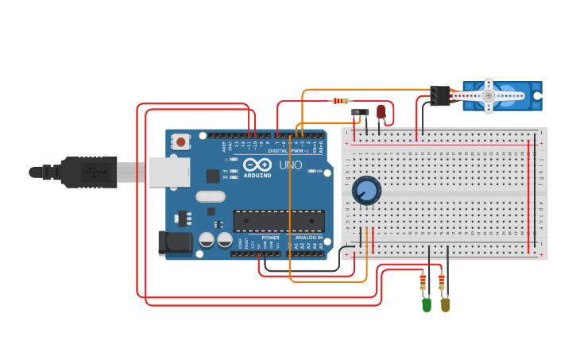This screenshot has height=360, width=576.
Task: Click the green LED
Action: (x=427, y=304)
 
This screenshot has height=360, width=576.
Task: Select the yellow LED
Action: (x=445, y=304)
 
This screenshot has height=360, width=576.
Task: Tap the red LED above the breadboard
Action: (x=381, y=111)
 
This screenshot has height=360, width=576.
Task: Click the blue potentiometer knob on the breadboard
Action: (x=366, y=191)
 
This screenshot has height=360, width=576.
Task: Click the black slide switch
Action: (x=360, y=112)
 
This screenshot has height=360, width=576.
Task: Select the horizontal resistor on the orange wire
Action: (x=340, y=101)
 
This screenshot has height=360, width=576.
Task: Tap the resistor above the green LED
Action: (x=423, y=281)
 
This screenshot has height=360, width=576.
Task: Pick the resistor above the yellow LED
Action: (x=442, y=281)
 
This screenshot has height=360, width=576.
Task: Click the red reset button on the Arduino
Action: (x=182, y=142)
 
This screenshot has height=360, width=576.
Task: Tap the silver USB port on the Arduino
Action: (x=168, y=171)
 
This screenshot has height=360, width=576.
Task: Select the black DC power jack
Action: (x=175, y=242)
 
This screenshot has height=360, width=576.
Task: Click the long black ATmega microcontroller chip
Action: (x=278, y=221)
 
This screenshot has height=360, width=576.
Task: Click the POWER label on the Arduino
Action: (x=270, y=238)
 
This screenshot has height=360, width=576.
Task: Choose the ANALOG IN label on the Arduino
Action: (x=309, y=238)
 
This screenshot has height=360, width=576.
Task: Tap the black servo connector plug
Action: (x=439, y=95)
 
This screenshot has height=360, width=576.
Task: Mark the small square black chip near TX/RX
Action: (x=213, y=176)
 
